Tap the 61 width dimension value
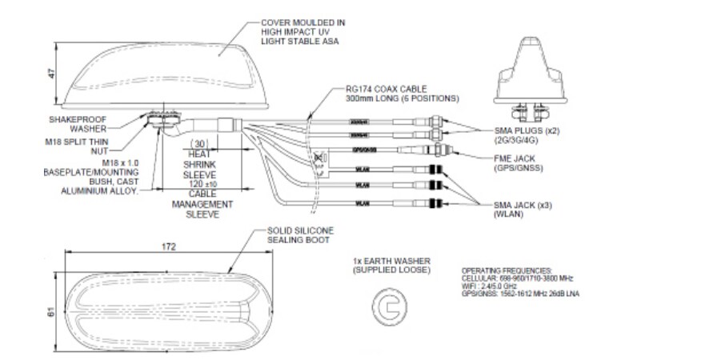pos(51,313)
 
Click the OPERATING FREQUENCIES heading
pos(506,271)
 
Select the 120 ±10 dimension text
pos(198,184)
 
